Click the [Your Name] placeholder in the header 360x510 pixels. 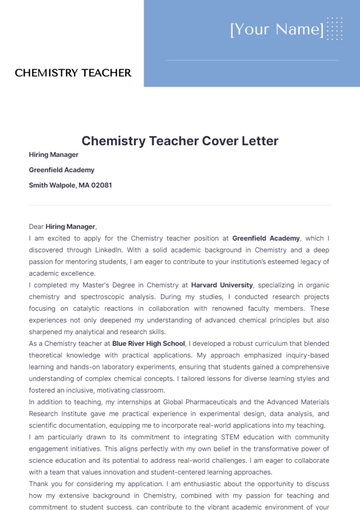point(276,30)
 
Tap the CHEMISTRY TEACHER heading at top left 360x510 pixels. point(73,73)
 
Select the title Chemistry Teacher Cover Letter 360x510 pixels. point(180,141)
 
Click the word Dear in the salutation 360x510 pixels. point(37,227)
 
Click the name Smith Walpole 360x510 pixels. point(51,185)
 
